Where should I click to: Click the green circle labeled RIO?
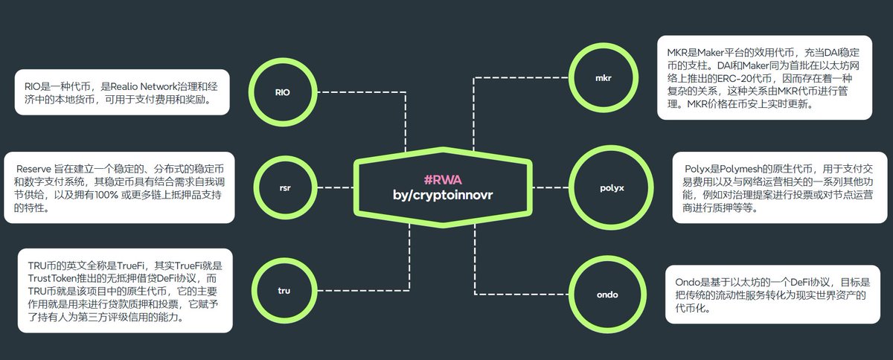click(282, 91)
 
